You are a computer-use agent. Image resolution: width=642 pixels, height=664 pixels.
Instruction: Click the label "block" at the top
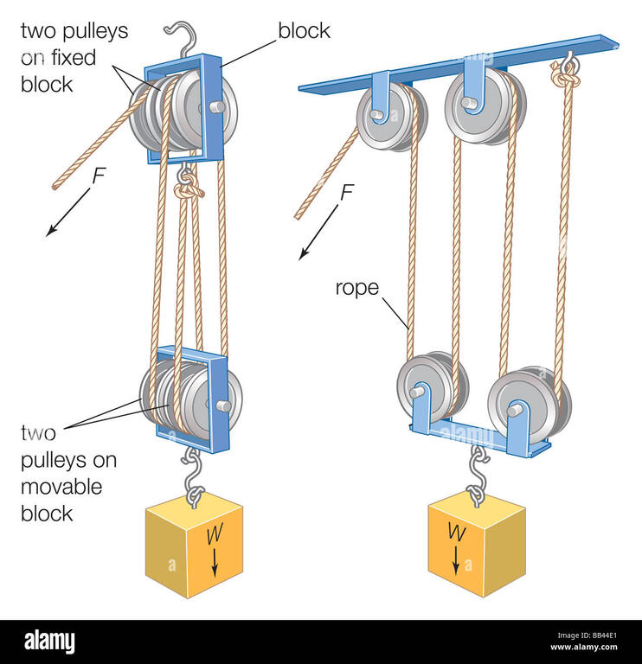(x=305, y=32)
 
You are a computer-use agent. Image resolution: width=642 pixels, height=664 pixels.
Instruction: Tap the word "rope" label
(x=357, y=287)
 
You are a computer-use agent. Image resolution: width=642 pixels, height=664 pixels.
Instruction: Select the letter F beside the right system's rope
(x=347, y=192)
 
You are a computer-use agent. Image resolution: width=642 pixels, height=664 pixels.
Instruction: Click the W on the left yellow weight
(x=211, y=536)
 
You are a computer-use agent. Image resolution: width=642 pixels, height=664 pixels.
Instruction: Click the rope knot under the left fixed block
(x=186, y=182)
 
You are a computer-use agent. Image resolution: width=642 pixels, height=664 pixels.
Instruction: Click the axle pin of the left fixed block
(x=216, y=107)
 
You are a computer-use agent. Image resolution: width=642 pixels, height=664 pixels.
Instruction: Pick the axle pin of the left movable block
(x=223, y=405)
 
